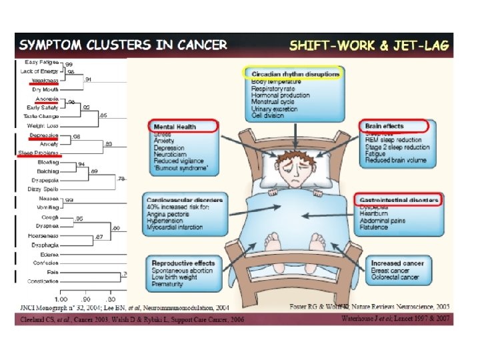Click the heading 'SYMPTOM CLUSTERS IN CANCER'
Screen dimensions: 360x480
click(123, 46)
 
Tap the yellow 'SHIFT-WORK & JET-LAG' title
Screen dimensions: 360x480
click(369, 46)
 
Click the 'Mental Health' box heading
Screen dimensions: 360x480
click(175, 126)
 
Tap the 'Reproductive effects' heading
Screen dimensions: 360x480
click(183, 263)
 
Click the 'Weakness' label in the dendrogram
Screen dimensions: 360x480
click(44, 80)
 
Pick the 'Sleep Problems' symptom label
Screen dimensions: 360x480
click(38, 153)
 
